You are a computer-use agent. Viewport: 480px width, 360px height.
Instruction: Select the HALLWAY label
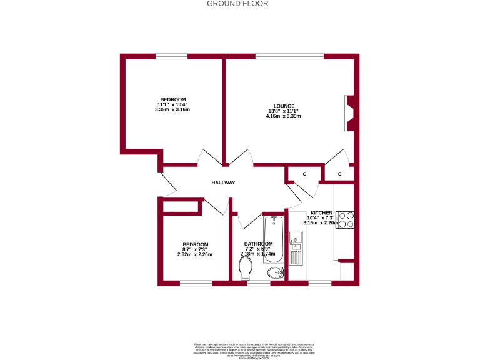pos(222,182)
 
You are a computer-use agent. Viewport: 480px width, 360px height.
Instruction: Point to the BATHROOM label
pos(259,244)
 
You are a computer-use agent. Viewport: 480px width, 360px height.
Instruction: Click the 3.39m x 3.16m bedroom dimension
pos(172,109)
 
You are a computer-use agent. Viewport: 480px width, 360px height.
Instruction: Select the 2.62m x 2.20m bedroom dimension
pos(195,254)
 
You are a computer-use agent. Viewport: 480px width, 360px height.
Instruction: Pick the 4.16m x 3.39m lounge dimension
pos(283,116)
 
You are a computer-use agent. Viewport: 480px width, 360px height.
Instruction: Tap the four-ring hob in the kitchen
pos(346,220)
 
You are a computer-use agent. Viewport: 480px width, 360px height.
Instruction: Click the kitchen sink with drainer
pos(296,249)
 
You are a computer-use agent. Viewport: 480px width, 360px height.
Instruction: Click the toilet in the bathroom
pos(246,269)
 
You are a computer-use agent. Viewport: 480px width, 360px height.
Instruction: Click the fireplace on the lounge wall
pos(351,113)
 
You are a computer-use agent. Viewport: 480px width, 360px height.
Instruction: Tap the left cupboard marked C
pos(304,173)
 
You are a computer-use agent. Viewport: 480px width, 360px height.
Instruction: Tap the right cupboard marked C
pos(339,173)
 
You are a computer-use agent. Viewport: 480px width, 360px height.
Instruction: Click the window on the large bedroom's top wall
pos(172,57)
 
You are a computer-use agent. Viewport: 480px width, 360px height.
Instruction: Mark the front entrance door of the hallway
pos(167,183)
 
